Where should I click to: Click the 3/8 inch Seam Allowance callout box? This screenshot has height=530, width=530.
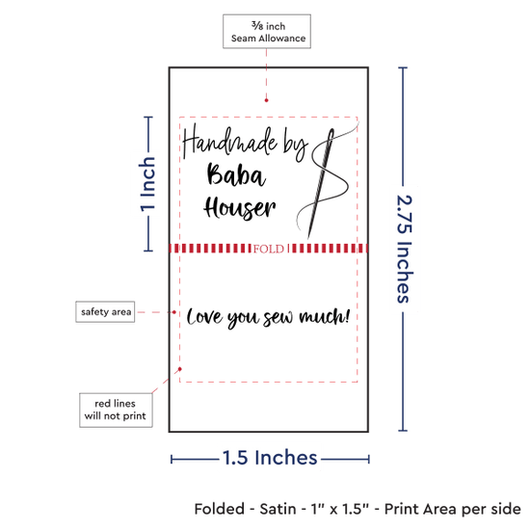[267, 32]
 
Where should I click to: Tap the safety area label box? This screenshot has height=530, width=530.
[105, 311]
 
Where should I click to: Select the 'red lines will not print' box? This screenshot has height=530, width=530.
[116, 410]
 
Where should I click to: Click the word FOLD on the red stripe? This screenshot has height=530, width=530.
[269, 249]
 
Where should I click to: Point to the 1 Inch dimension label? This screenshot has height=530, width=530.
[147, 184]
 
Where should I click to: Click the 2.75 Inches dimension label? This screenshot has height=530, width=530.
[405, 249]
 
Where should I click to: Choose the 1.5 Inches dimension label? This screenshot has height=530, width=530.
[270, 458]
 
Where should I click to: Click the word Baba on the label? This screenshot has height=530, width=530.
[236, 174]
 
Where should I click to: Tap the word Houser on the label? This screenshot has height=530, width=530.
[240, 207]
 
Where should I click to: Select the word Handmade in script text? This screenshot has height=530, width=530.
[230, 142]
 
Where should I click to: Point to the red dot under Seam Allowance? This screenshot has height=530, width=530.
[266, 100]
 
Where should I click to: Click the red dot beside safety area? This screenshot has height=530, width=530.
[174, 312]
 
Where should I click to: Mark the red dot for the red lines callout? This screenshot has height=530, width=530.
[180, 369]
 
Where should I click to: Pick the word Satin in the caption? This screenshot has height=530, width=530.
[278, 509]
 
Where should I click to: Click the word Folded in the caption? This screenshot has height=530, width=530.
[219, 509]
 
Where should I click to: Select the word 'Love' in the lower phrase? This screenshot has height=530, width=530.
[204, 317]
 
